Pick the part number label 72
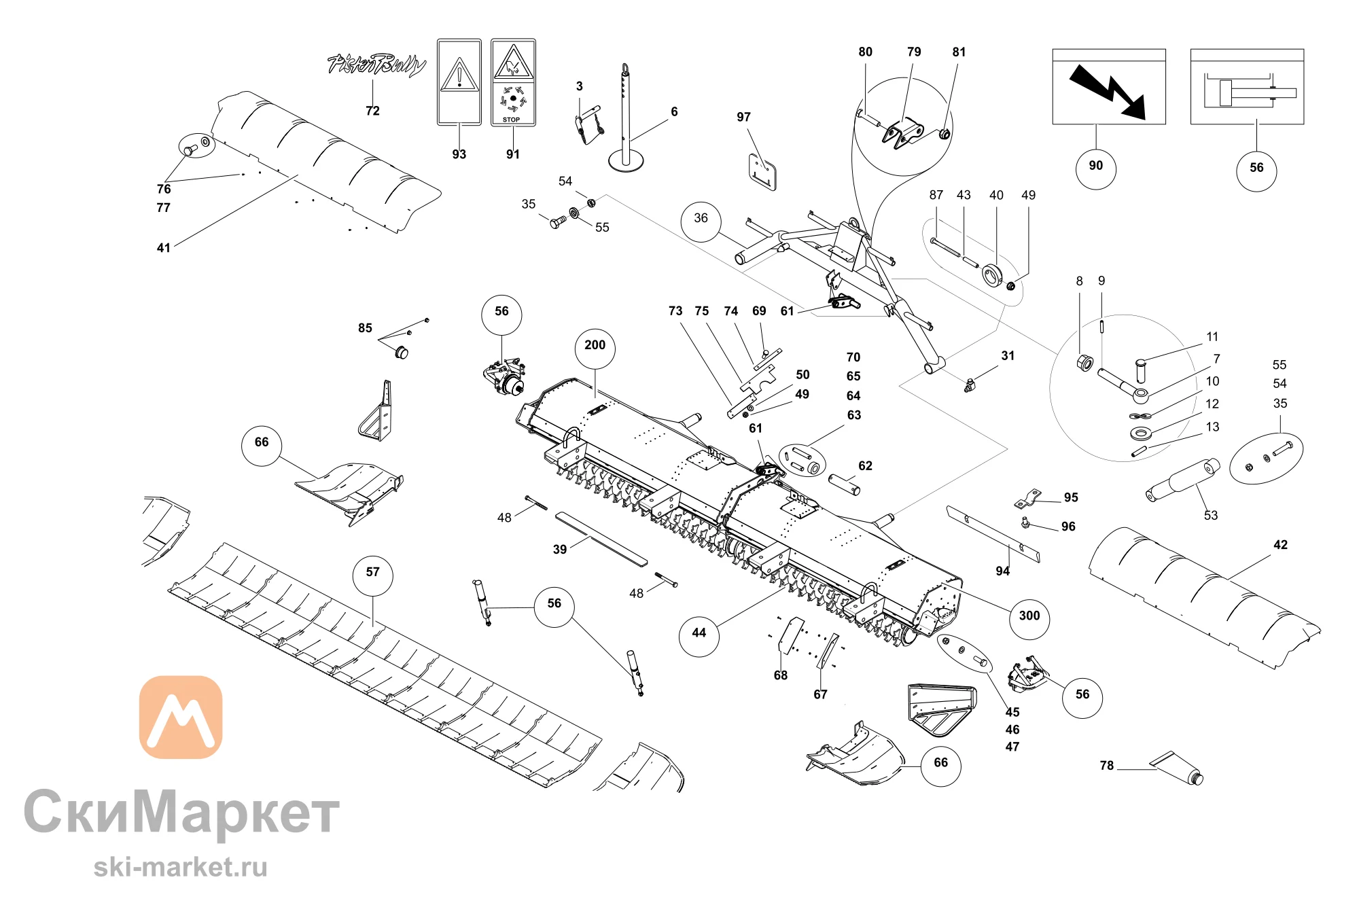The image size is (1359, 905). [x=372, y=111]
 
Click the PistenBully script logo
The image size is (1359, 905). [x=376, y=65]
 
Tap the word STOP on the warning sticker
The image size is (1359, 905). [x=512, y=120]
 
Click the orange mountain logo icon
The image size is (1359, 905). [x=181, y=717]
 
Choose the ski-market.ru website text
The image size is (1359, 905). [x=181, y=868]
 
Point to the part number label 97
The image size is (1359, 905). [x=744, y=117]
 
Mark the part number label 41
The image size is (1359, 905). [x=164, y=248]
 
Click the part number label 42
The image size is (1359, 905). [x=1281, y=545]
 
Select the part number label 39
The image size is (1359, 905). [x=560, y=550]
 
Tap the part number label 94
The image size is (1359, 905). [x=1003, y=571]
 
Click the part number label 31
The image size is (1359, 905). [x=1008, y=356]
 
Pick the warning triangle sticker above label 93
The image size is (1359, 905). [x=459, y=82]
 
